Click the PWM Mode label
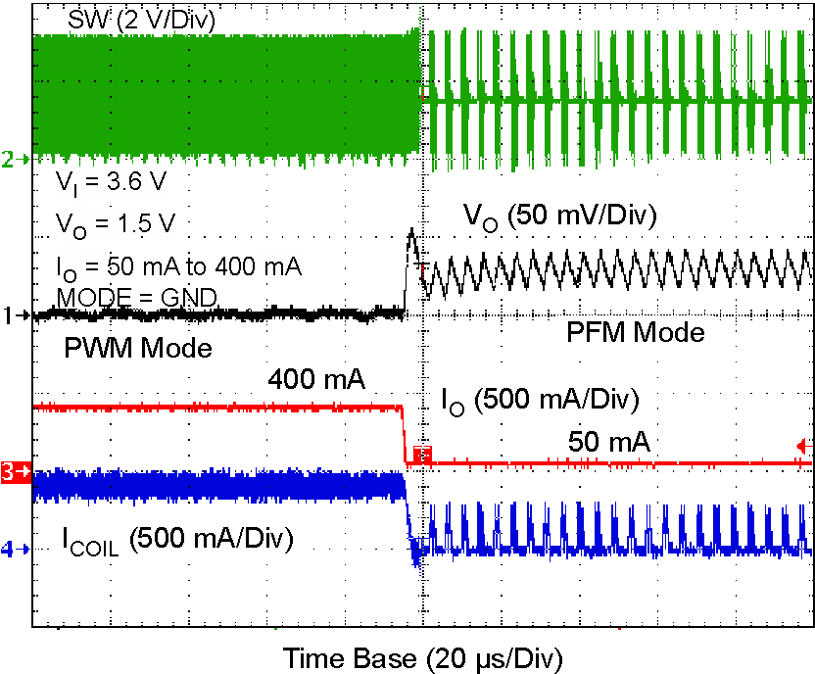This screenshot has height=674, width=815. click(138, 348)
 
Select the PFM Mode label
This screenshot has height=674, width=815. click(636, 333)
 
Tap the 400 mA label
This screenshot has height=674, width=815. click(316, 379)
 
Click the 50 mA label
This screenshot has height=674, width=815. click(609, 443)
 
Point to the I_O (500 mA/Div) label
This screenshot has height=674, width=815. click(540, 401)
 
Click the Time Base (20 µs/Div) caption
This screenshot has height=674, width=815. click(423, 655)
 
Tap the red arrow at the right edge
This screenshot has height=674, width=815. click(804, 443)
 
